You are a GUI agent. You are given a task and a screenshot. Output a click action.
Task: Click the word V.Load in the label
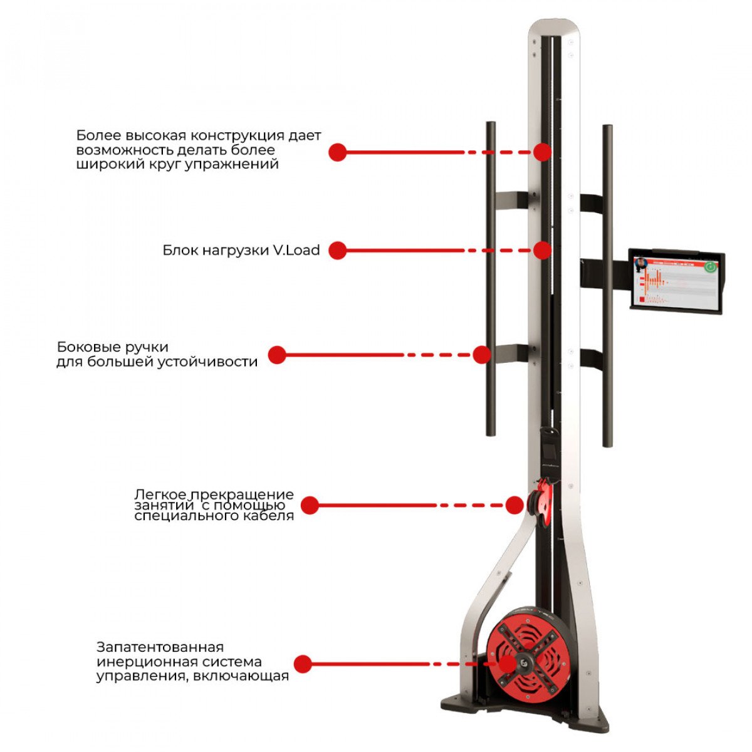[x=296, y=251]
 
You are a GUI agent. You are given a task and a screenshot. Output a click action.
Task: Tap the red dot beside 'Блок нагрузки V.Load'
[x=338, y=251]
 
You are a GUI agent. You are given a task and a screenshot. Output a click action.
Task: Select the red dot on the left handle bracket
[x=481, y=355]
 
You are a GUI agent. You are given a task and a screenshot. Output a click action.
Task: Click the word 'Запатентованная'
[x=160, y=647]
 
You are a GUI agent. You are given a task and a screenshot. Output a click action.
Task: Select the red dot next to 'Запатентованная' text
[x=303, y=664]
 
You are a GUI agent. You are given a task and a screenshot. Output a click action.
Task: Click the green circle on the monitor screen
[x=709, y=266]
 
